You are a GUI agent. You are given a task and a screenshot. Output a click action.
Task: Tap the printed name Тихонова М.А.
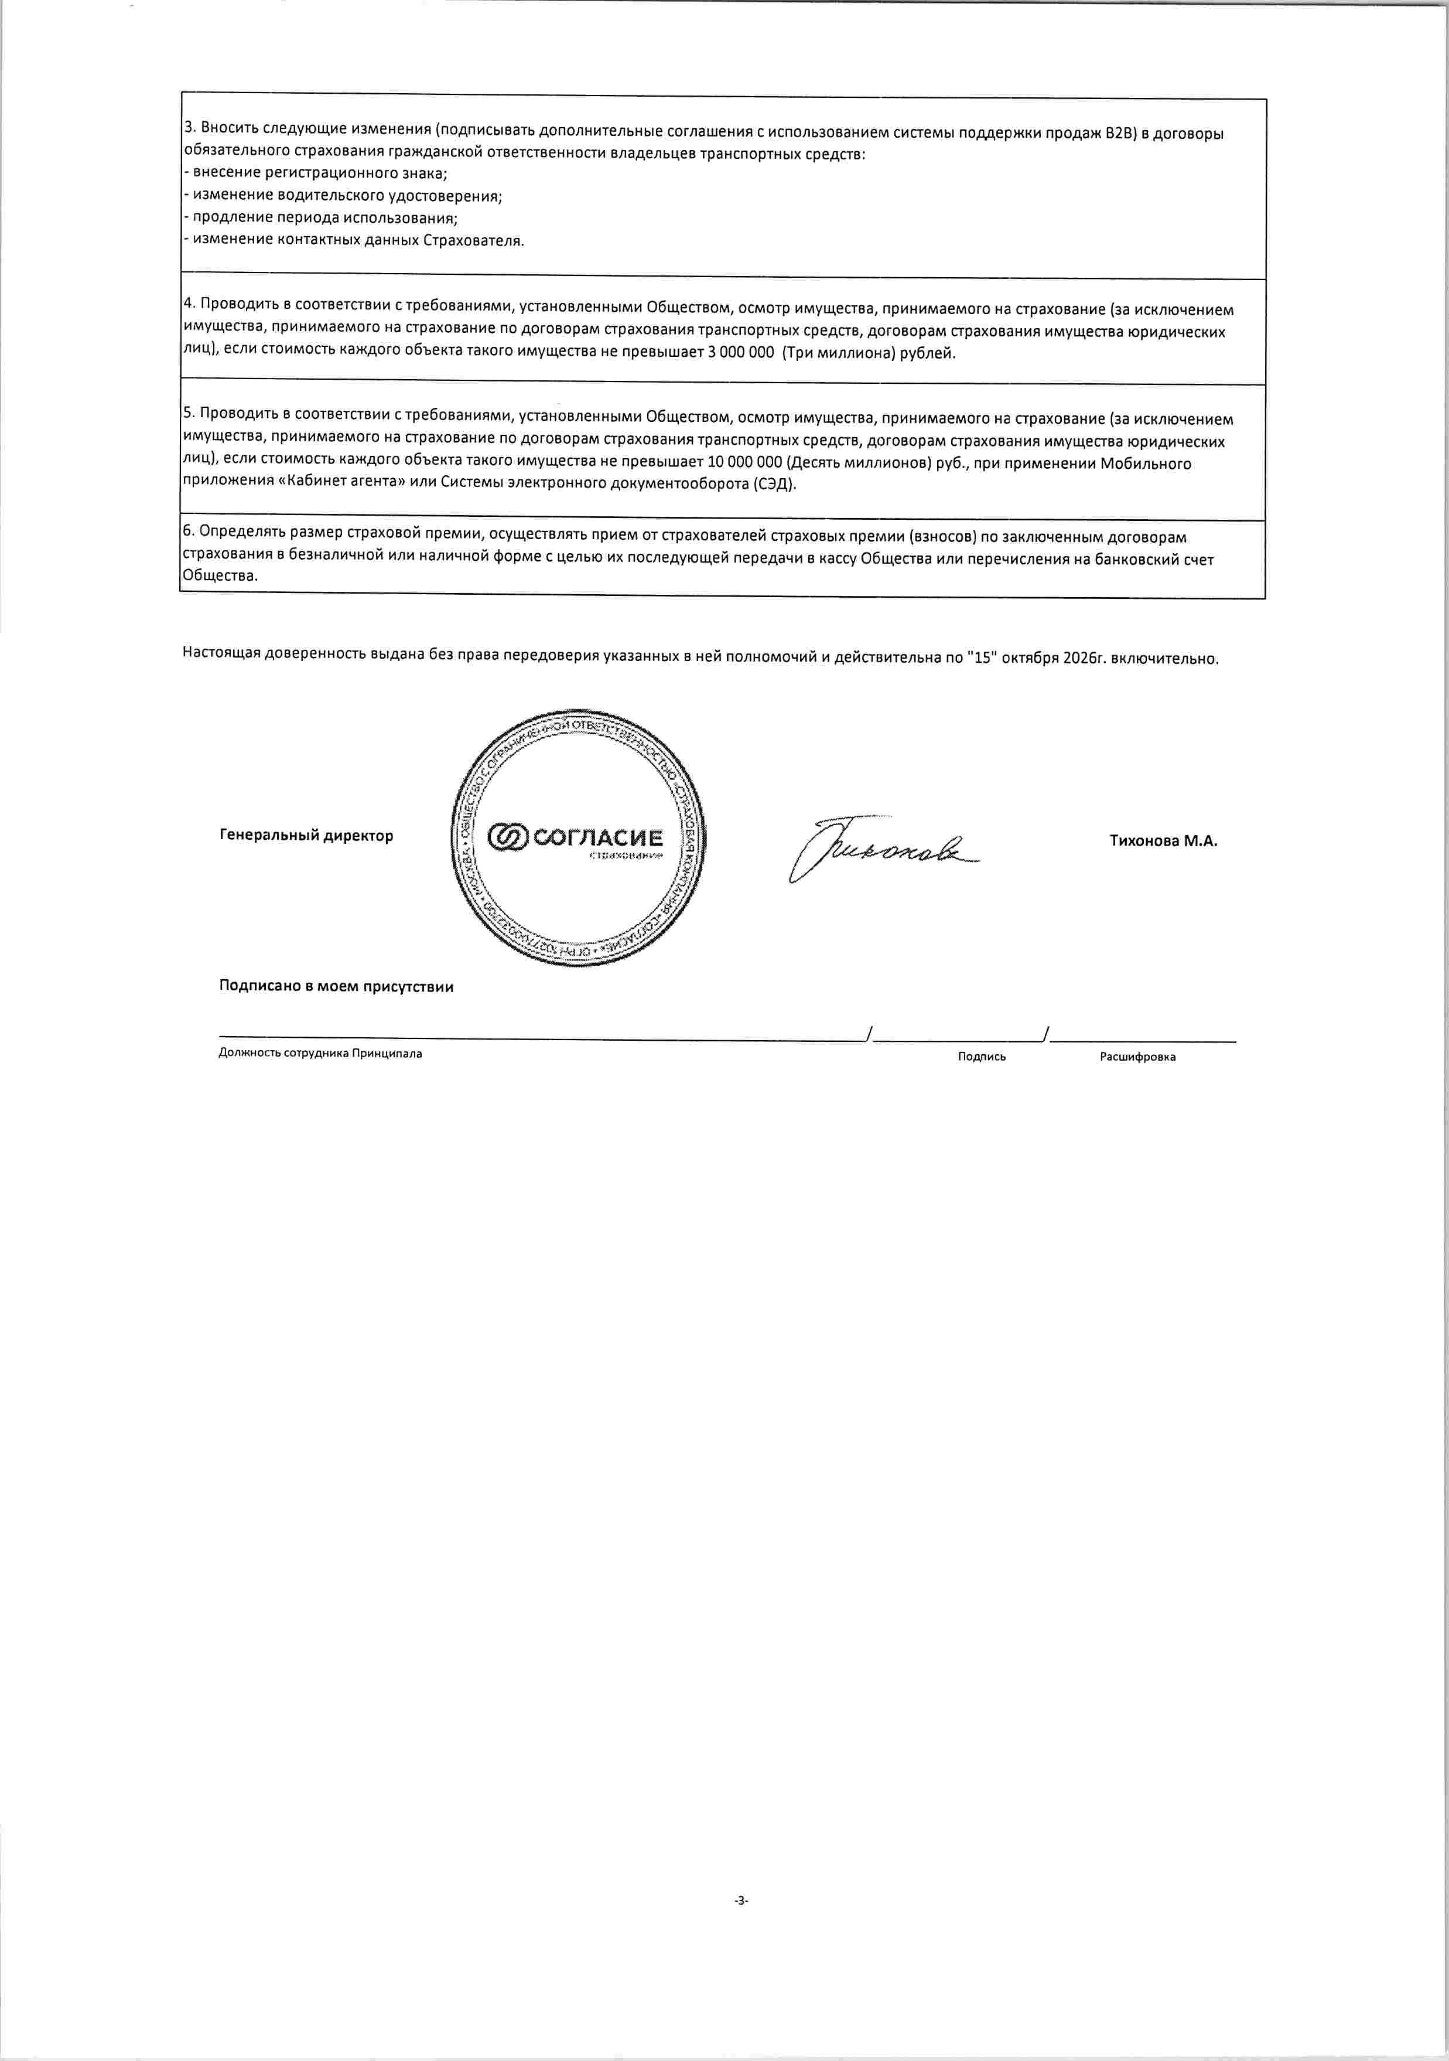coord(1163,841)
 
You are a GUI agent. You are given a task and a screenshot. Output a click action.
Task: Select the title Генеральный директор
coord(306,836)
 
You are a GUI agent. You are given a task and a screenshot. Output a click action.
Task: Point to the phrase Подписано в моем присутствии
coord(336,986)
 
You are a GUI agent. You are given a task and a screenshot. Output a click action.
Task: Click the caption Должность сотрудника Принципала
coord(320,1053)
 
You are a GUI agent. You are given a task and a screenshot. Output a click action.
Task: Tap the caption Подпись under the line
coord(982,1057)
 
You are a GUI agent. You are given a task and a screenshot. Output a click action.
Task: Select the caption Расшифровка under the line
coord(1137,1057)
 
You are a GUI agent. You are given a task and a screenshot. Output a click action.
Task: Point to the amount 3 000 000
coord(741,353)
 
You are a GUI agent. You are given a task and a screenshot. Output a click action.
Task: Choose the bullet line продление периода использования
coord(321,217)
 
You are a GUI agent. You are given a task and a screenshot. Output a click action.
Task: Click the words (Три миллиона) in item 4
coord(839,353)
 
